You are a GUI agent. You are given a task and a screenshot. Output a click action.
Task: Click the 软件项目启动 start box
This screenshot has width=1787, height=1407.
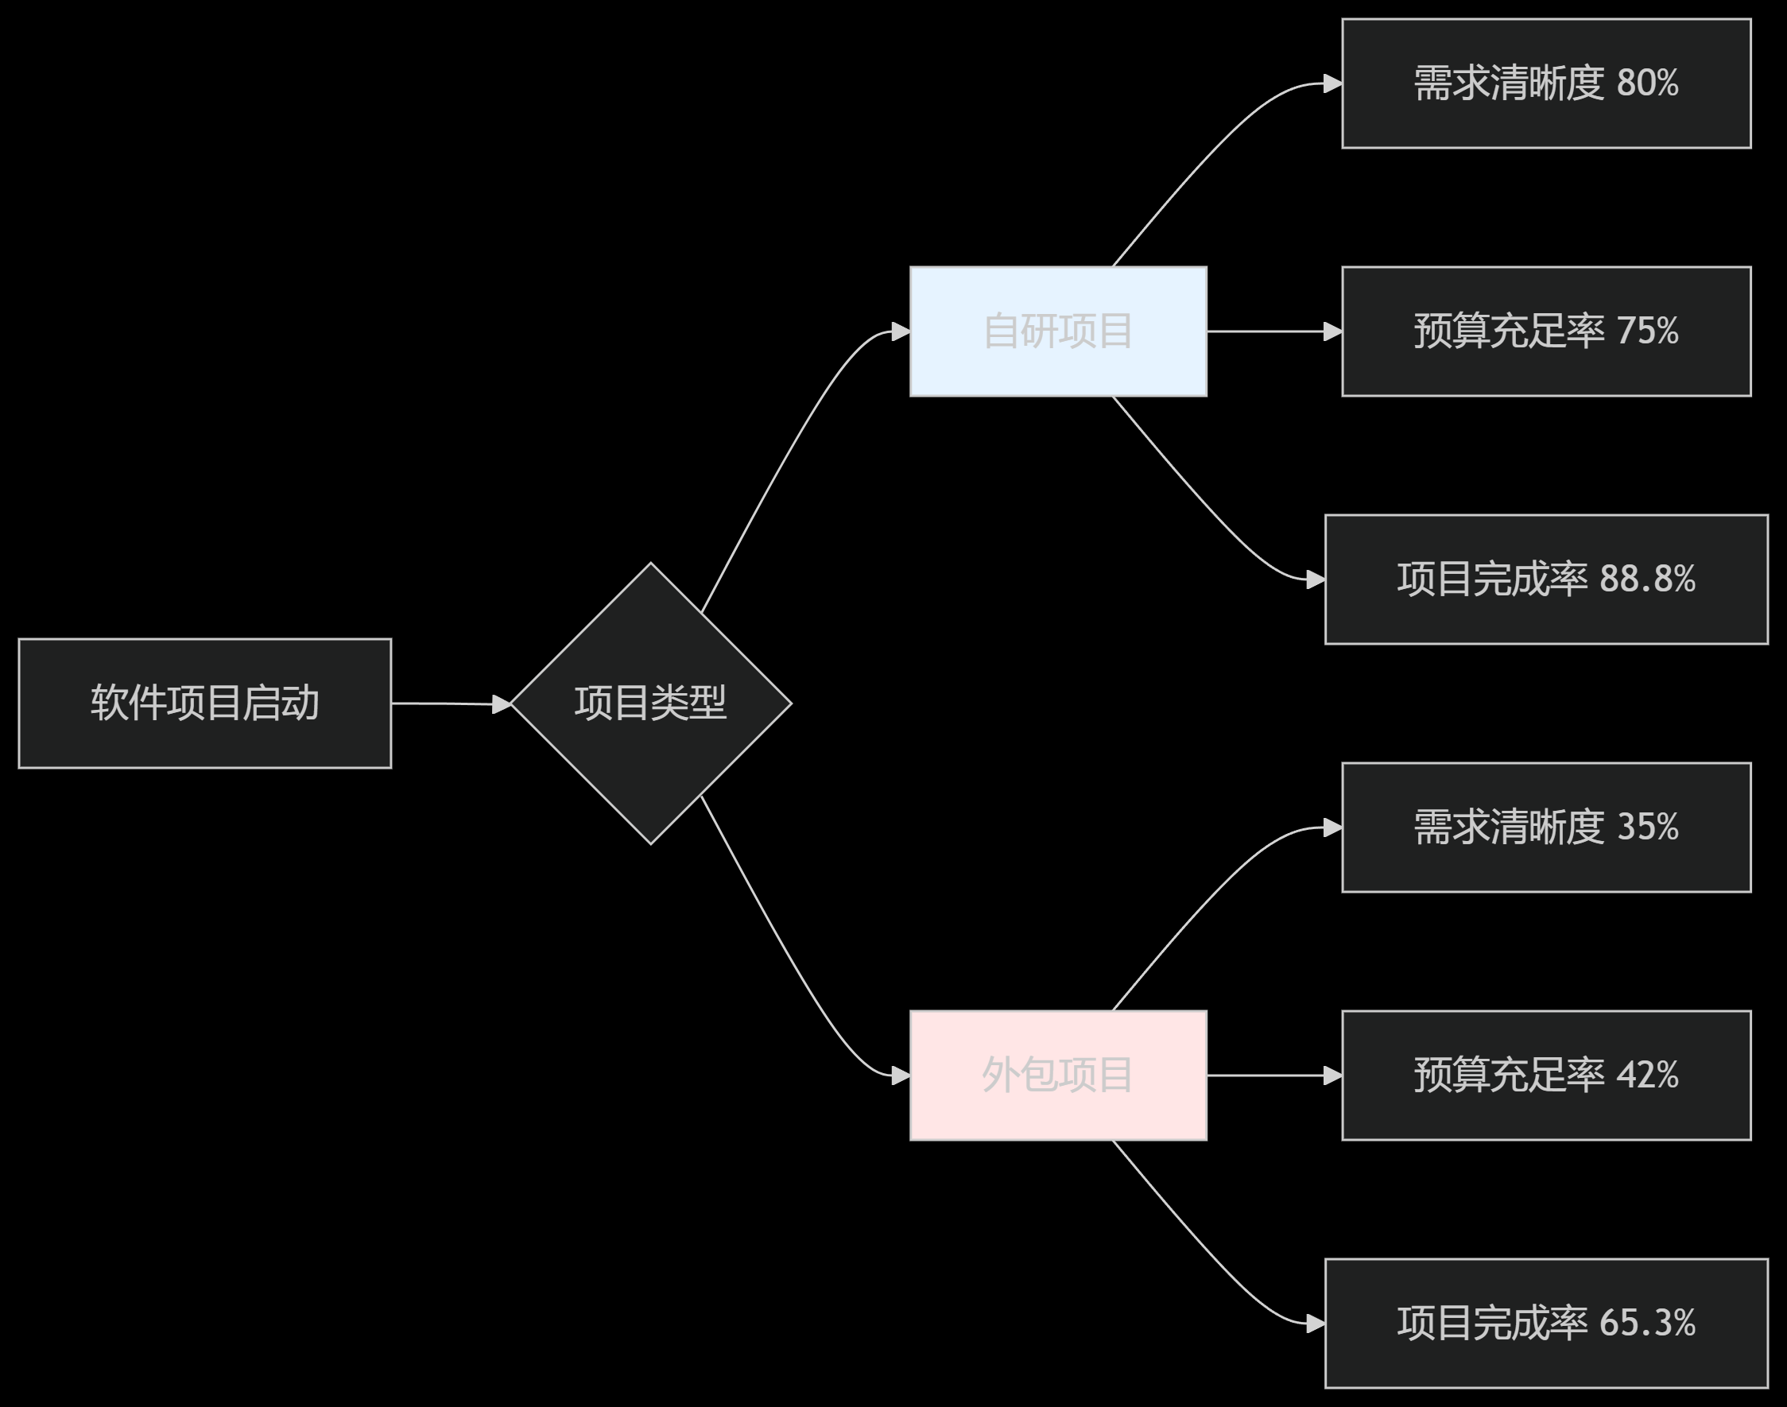coord(204,703)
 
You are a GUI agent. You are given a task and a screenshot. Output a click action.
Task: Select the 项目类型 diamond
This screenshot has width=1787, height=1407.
coord(650,703)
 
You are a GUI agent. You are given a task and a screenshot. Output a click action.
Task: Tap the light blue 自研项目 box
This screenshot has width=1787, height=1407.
coord(1058,331)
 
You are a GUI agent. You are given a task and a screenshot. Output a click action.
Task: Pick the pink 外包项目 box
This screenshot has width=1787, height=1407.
coord(1058,1075)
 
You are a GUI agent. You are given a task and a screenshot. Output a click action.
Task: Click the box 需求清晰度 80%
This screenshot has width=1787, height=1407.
coord(1545,83)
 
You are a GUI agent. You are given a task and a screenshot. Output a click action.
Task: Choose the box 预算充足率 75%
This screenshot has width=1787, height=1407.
coord(1545,331)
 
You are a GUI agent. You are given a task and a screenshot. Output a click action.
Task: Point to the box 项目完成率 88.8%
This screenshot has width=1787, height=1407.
coord(1545,579)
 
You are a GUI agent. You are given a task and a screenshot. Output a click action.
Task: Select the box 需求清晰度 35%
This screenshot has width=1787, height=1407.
coord(1545,827)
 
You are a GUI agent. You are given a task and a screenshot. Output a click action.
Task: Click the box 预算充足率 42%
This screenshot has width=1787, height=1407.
coord(1545,1075)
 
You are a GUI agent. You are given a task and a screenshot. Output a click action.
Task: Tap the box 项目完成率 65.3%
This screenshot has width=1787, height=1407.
coord(1545,1323)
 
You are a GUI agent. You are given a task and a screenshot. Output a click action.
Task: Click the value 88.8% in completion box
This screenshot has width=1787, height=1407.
coord(1647,579)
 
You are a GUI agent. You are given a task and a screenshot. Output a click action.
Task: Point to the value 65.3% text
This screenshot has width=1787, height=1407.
coord(1647,1323)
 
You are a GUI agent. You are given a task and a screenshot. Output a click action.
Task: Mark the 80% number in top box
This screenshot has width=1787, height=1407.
coord(1647,83)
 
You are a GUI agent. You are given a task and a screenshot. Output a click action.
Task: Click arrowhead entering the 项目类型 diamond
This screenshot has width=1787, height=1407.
coord(502,704)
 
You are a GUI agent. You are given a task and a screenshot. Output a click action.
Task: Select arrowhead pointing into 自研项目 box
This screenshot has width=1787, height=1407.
coord(901,331)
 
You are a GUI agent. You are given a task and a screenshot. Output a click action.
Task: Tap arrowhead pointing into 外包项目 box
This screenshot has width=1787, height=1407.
coord(901,1075)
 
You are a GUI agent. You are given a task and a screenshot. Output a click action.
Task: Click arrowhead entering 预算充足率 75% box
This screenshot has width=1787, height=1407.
coord(1333,331)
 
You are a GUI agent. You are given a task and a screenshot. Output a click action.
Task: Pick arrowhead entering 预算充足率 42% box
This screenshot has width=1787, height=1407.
coord(1333,1075)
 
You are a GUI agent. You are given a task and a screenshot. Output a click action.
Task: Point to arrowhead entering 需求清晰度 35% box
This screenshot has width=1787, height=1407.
coord(1333,827)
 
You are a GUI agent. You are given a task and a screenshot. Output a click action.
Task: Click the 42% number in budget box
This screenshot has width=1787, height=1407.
coord(1647,1075)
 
